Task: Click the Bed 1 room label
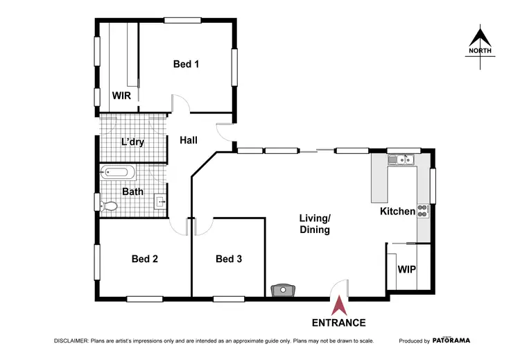pyautogui.click(x=186, y=65)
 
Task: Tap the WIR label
pyautogui.click(x=122, y=96)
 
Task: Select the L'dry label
pyautogui.click(x=133, y=142)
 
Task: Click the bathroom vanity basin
pyautogui.click(x=159, y=203)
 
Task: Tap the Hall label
pyautogui.click(x=189, y=140)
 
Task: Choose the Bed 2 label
pyautogui.click(x=145, y=259)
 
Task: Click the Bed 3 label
pyautogui.click(x=229, y=259)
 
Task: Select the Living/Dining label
pyautogui.click(x=314, y=224)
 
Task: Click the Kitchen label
pyautogui.click(x=397, y=211)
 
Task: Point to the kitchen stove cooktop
pyautogui.click(x=423, y=209)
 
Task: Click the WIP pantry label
pyautogui.click(x=406, y=268)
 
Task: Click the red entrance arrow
pyautogui.click(x=339, y=306)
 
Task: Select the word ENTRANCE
pyautogui.click(x=339, y=323)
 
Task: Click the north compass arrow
pyautogui.click(x=480, y=39)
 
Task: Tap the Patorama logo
pyautogui.click(x=451, y=341)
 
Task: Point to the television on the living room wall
pyautogui.click(x=284, y=291)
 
